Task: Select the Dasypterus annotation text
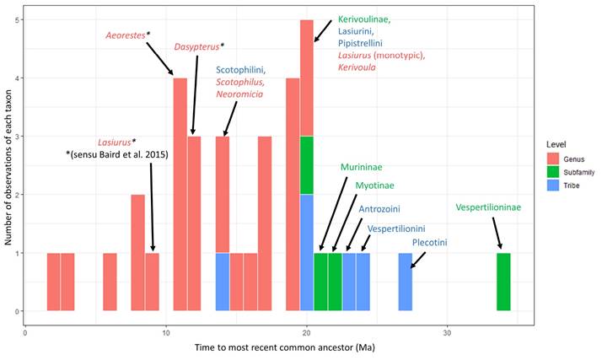tap(199, 46)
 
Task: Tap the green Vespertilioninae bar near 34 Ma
tap(503, 282)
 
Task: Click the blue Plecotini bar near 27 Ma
tap(406, 282)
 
